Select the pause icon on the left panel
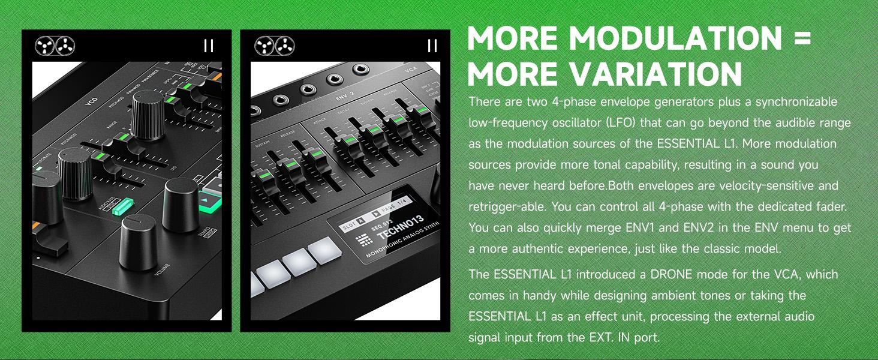(x=208, y=46)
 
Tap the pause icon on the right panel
(x=432, y=46)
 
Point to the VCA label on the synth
(x=411, y=70)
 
